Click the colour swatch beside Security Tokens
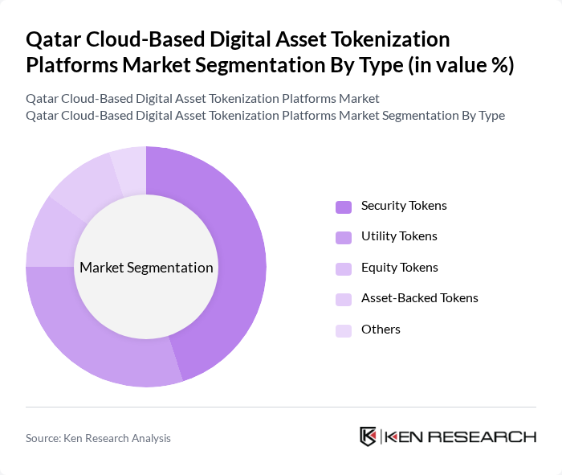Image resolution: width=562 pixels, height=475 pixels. click(344, 207)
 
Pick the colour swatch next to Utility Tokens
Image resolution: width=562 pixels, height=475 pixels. click(344, 237)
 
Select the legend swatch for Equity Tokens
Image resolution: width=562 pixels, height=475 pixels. click(344, 268)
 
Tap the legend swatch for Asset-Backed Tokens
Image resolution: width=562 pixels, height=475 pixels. click(344, 299)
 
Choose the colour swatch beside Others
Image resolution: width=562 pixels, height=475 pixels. click(344, 330)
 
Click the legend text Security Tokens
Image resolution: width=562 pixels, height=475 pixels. click(404, 206)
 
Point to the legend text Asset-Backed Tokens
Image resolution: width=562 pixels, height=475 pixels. click(419, 298)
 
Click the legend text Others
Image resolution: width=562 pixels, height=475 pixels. click(381, 329)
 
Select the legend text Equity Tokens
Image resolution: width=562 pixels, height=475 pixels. click(399, 268)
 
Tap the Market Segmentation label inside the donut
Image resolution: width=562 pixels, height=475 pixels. click(146, 268)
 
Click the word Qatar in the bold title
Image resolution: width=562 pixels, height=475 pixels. click(52, 39)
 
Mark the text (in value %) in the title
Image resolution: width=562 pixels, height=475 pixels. click(461, 65)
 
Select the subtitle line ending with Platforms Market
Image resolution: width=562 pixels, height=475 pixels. click(202, 98)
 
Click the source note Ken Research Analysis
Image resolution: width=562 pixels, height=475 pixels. click(98, 438)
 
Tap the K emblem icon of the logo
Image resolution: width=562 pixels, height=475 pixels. click(368, 436)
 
